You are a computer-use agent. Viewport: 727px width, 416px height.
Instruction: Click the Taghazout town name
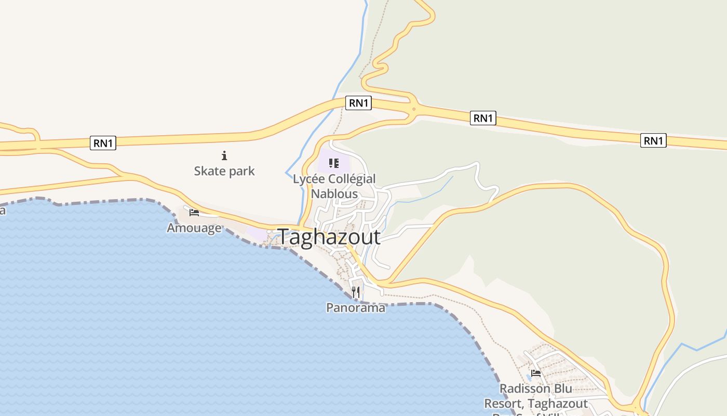329,237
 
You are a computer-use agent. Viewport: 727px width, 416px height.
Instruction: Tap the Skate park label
224,171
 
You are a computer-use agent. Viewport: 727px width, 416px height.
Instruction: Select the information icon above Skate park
224,155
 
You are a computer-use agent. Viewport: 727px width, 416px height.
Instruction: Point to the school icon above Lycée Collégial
334,164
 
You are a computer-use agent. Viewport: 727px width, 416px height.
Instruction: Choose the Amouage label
194,228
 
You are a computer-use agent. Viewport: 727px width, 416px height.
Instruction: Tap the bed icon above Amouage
194,212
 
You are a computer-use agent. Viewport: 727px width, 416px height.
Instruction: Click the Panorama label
356,308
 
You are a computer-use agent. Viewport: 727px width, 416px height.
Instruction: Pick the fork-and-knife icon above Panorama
356,292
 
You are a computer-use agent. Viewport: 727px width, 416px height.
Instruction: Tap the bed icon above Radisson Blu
536,373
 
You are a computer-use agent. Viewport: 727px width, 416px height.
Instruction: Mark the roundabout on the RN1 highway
414,109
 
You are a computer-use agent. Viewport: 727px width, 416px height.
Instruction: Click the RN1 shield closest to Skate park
103,143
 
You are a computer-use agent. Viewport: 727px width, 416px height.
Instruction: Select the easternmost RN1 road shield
653,140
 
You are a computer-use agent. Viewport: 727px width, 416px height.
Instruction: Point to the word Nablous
334,194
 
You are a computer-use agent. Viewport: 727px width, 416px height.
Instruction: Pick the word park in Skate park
241,171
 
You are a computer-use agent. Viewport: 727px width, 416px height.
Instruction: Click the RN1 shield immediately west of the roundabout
359,103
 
